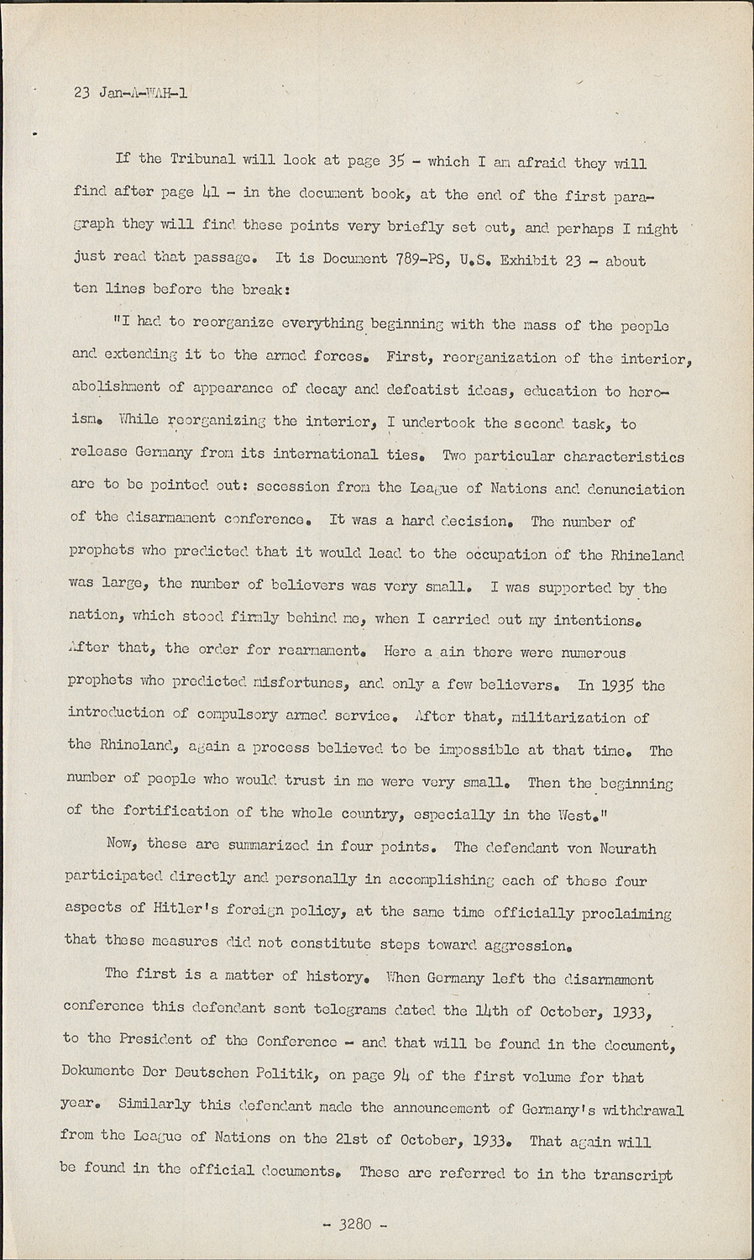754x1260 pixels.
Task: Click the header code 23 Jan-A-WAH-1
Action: coord(130,92)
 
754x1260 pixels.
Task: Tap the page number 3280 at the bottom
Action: coord(355,1224)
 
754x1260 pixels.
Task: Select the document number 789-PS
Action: coord(420,260)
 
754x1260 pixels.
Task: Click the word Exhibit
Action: coord(529,260)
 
